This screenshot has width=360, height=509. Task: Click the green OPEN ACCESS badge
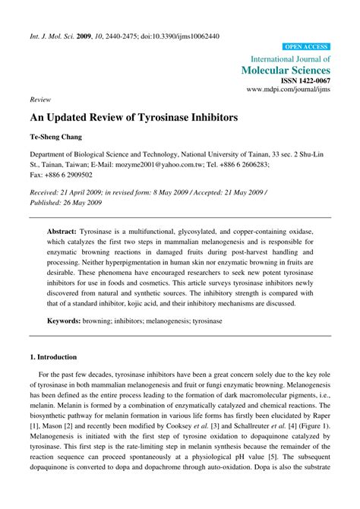click(306, 46)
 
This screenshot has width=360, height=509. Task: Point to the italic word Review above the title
click(40, 100)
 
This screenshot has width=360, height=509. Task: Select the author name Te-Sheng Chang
click(58, 138)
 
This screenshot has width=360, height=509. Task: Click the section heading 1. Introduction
click(57, 356)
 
